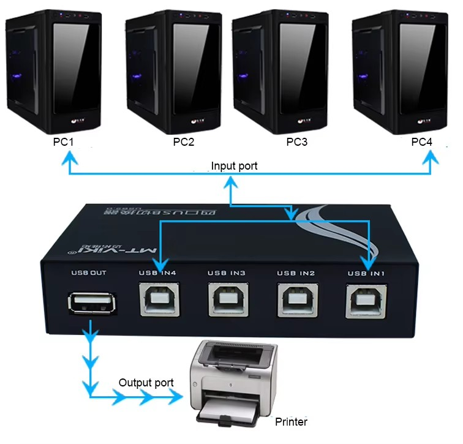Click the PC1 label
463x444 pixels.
[64, 142]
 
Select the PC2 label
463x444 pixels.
[184, 142]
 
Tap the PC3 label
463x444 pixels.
[297, 142]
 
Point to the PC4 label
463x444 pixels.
[421, 142]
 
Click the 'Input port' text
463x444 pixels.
[234, 166]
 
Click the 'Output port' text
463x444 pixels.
[146, 383]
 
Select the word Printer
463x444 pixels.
[292, 421]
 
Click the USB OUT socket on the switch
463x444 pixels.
[91, 303]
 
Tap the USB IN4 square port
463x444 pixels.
[160, 299]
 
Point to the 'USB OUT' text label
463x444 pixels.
[90, 273]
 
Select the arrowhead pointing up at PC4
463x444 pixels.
[432, 159]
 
